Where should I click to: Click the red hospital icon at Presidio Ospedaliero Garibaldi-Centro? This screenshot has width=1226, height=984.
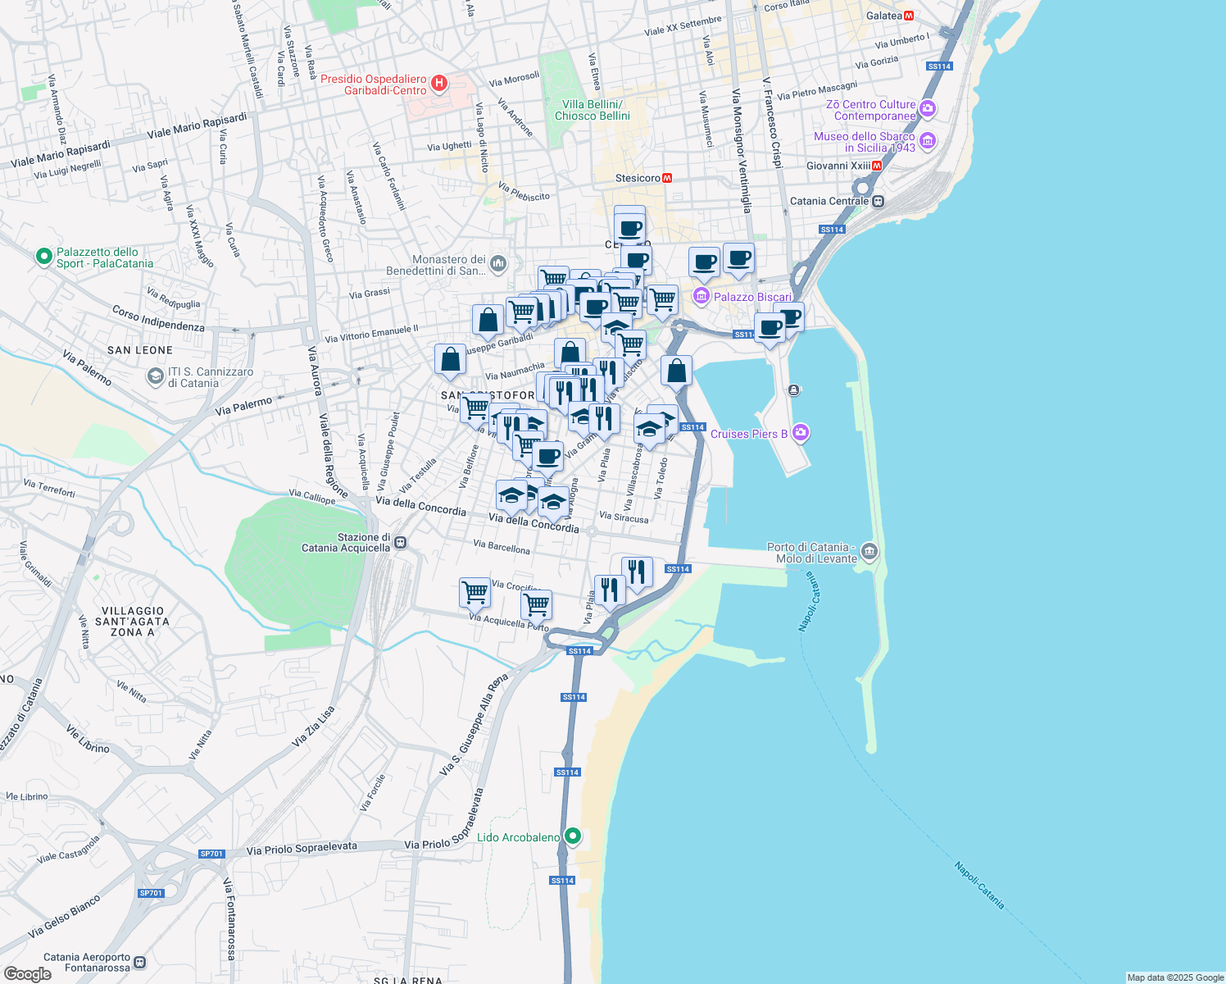pyautogui.click(x=439, y=83)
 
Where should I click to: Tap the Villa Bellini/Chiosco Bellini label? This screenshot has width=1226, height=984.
pyautogui.click(x=592, y=110)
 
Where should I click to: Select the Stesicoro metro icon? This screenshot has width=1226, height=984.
pyautogui.click(x=667, y=178)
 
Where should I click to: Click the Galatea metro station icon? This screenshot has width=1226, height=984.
pyautogui.click(x=909, y=16)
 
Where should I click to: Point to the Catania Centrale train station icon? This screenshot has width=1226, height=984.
pyautogui.click(x=878, y=201)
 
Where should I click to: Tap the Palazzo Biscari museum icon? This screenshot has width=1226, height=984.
pyautogui.click(x=702, y=296)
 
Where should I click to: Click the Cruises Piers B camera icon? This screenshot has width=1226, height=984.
pyautogui.click(x=801, y=433)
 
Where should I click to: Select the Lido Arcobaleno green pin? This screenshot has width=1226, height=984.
pyautogui.click(x=573, y=836)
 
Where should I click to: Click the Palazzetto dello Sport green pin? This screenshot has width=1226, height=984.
pyautogui.click(x=44, y=257)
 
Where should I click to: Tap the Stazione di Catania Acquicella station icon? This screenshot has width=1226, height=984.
pyautogui.click(x=400, y=542)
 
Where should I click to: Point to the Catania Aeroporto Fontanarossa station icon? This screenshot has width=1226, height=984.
pyautogui.click(x=139, y=962)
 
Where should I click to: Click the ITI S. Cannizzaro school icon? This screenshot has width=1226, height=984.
pyautogui.click(x=155, y=376)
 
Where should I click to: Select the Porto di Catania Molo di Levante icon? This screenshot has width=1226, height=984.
pyautogui.click(x=870, y=552)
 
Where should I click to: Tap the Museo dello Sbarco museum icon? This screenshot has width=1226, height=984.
pyautogui.click(x=927, y=141)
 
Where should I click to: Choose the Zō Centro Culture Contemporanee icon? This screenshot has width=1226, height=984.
pyautogui.click(x=927, y=108)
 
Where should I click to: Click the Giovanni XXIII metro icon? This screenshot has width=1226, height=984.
pyautogui.click(x=877, y=166)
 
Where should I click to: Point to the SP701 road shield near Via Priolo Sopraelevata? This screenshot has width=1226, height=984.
pyautogui.click(x=211, y=854)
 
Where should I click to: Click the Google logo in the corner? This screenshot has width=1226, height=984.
pyautogui.click(x=28, y=973)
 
